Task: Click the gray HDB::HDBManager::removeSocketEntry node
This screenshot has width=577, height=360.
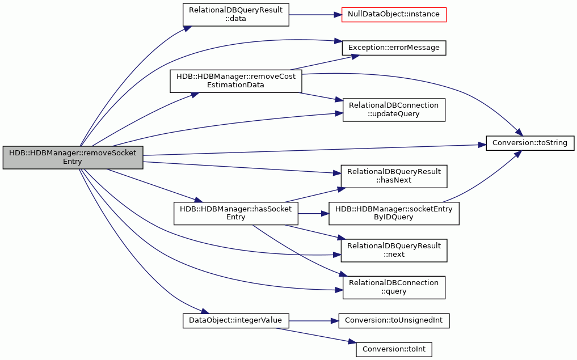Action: point(73,158)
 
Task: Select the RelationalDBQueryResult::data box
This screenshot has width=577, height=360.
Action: point(236,15)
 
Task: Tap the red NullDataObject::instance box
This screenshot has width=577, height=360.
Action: point(394,14)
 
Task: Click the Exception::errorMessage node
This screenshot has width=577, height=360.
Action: point(394,48)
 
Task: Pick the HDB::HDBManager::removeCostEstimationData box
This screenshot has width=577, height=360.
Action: point(236,81)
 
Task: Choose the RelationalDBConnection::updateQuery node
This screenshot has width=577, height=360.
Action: point(394,109)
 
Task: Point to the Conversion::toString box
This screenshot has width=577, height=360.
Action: point(530,143)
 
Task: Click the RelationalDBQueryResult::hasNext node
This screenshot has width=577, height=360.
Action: point(394,176)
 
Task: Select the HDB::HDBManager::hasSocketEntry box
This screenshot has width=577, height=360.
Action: point(236,213)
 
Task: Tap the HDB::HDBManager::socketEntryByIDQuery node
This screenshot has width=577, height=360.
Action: point(394,213)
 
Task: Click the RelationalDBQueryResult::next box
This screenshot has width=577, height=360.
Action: point(394,251)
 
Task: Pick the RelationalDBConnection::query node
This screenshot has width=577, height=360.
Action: point(394,287)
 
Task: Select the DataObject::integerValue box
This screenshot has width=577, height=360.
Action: point(236,321)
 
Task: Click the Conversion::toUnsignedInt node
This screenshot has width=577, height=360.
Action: point(394,321)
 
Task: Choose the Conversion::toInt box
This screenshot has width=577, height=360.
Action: point(394,349)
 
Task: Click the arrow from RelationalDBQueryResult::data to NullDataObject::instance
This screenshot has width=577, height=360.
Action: point(315,15)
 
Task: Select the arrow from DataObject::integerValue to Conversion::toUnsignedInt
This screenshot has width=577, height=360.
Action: point(314,321)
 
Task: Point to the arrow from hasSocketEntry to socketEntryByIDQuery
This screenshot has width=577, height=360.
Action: point(313,213)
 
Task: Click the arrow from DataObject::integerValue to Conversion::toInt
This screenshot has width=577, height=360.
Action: point(317,336)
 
